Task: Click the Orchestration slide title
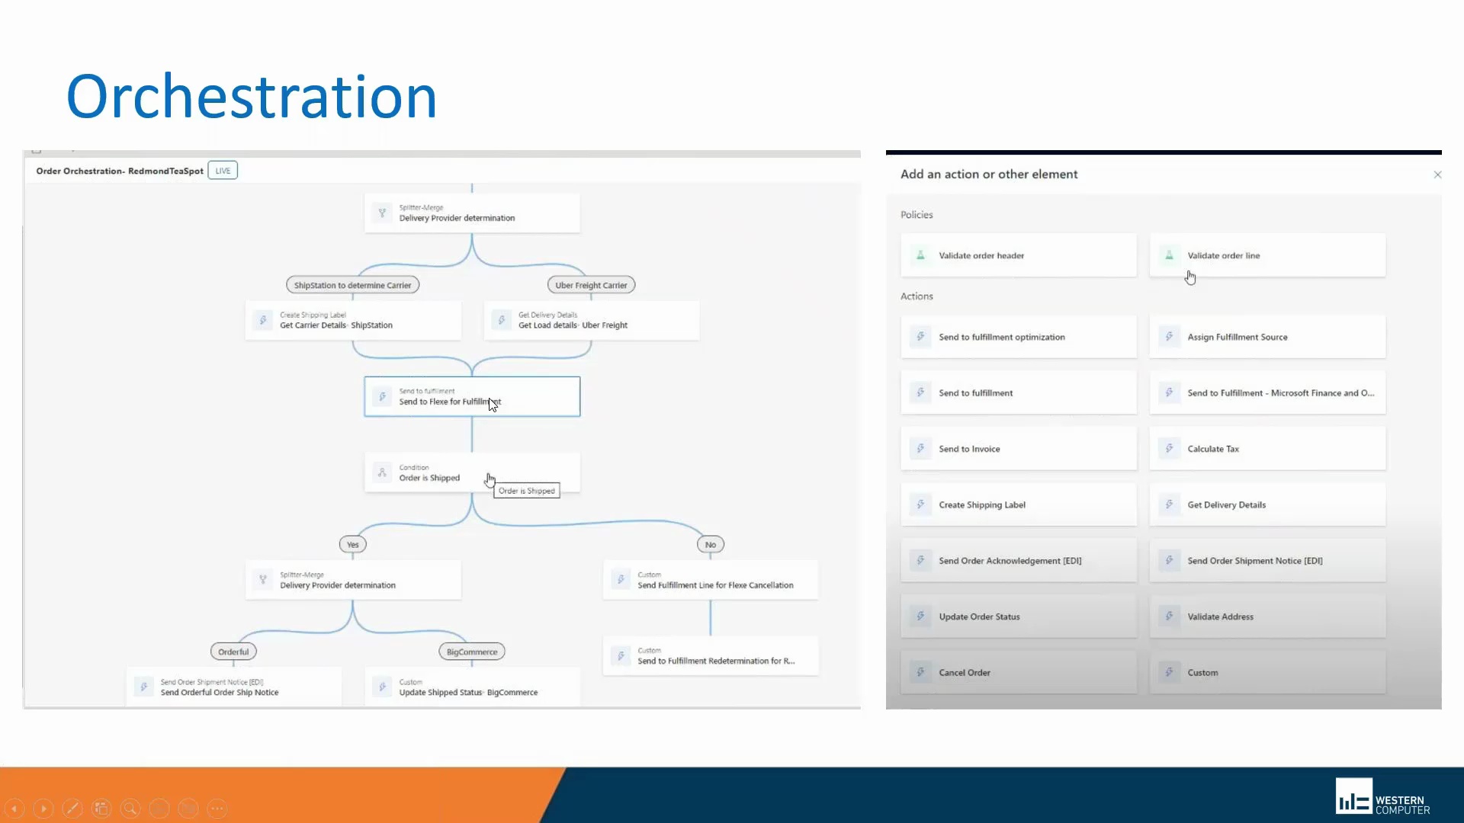(252, 97)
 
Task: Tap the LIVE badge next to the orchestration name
(223, 171)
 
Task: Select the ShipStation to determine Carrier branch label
(352, 285)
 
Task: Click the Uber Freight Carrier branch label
(591, 285)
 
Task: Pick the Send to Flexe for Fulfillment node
(471, 396)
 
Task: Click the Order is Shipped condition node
(471, 472)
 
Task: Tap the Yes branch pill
(352, 544)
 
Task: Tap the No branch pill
(710, 544)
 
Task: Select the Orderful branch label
(233, 652)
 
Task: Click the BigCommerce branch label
(471, 652)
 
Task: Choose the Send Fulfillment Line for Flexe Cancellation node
(710, 580)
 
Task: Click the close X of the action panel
(1437, 175)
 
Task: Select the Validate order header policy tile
(1018, 255)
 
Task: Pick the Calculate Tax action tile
(1267, 449)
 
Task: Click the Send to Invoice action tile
(1018, 449)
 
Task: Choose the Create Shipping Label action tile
(1018, 504)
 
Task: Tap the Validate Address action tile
(1267, 616)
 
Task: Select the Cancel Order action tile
(1018, 672)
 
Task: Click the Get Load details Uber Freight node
(591, 320)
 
